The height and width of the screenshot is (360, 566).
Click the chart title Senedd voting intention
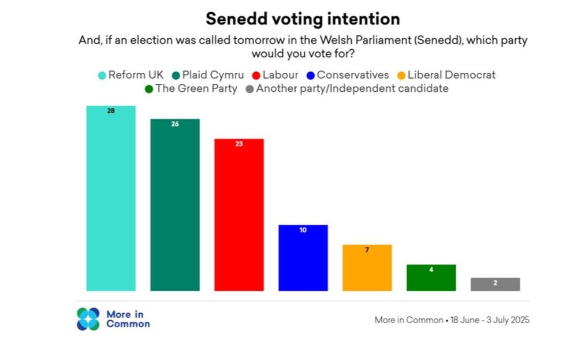pyautogui.click(x=303, y=19)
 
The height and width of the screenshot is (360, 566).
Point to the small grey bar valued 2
pyautogui.click(x=495, y=284)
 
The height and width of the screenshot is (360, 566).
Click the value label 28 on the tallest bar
pyautogui.click(x=111, y=110)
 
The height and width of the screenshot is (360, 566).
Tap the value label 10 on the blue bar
pyautogui.click(x=303, y=230)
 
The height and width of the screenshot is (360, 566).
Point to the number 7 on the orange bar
pyautogui.click(x=367, y=250)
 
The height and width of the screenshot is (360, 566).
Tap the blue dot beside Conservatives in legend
pyautogui.click(x=311, y=75)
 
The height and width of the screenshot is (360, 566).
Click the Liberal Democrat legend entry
pyautogui.click(x=451, y=75)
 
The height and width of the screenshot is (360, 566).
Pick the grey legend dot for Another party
pyautogui.click(x=250, y=90)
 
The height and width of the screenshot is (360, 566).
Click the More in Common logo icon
pyautogui.click(x=88, y=319)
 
